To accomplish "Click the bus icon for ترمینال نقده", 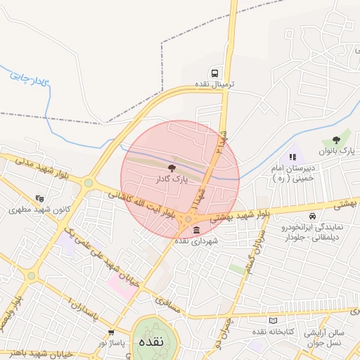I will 214,73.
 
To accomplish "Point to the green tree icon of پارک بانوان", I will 345,140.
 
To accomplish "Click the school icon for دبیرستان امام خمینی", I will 292,157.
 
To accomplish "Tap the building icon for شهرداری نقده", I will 195,231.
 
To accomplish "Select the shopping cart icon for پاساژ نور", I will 110,332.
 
